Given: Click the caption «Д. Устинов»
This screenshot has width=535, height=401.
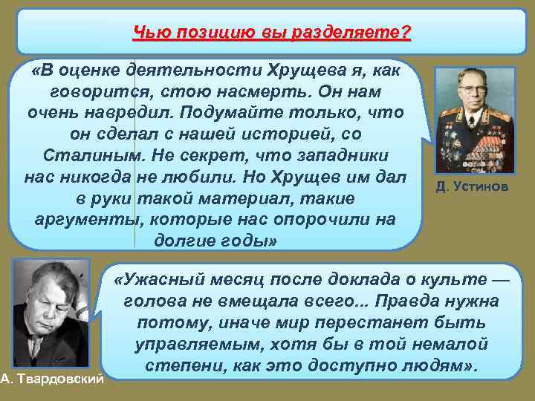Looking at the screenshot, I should (x=473, y=187).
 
